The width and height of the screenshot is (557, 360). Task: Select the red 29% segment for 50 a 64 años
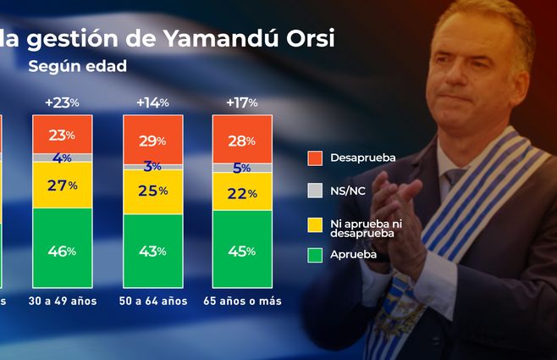pyautogui.click(x=152, y=137)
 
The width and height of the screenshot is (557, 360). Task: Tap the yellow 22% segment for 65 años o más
pyautogui.click(x=242, y=193)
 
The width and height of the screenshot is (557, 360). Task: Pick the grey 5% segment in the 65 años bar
pyautogui.click(x=242, y=168)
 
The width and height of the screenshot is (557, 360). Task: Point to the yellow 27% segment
pyautogui.click(x=62, y=185)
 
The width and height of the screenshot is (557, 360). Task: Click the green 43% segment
pyautogui.click(x=152, y=251)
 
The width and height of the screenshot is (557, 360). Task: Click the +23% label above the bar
pyautogui.click(x=62, y=102)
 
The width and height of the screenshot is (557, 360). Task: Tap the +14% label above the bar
pyautogui.click(x=152, y=102)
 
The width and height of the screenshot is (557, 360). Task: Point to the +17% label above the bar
pyautogui.click(x=242, y=102)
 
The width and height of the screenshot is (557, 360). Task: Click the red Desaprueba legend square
pyautogui.click(x=315, y=158)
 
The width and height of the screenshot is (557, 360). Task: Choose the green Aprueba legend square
pyautogui.click(x=315, y=254)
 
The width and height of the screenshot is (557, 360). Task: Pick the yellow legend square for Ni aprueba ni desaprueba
pyautogui.click(x=315, y=224)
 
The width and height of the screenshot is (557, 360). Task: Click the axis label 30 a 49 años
pyautogui.click(x=62, y=301)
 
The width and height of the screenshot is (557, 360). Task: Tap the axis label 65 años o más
pyautogui.click(x=242, y=301)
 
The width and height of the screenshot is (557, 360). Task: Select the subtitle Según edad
pyautogui.click(x=78, y=66)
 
